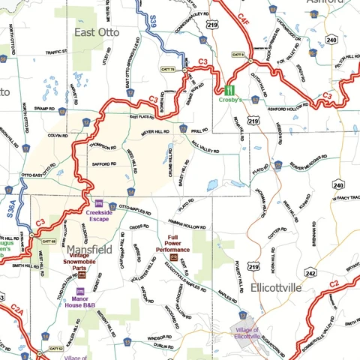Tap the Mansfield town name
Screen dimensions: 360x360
(89, 248)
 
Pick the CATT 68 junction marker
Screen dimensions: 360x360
(48, 241)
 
